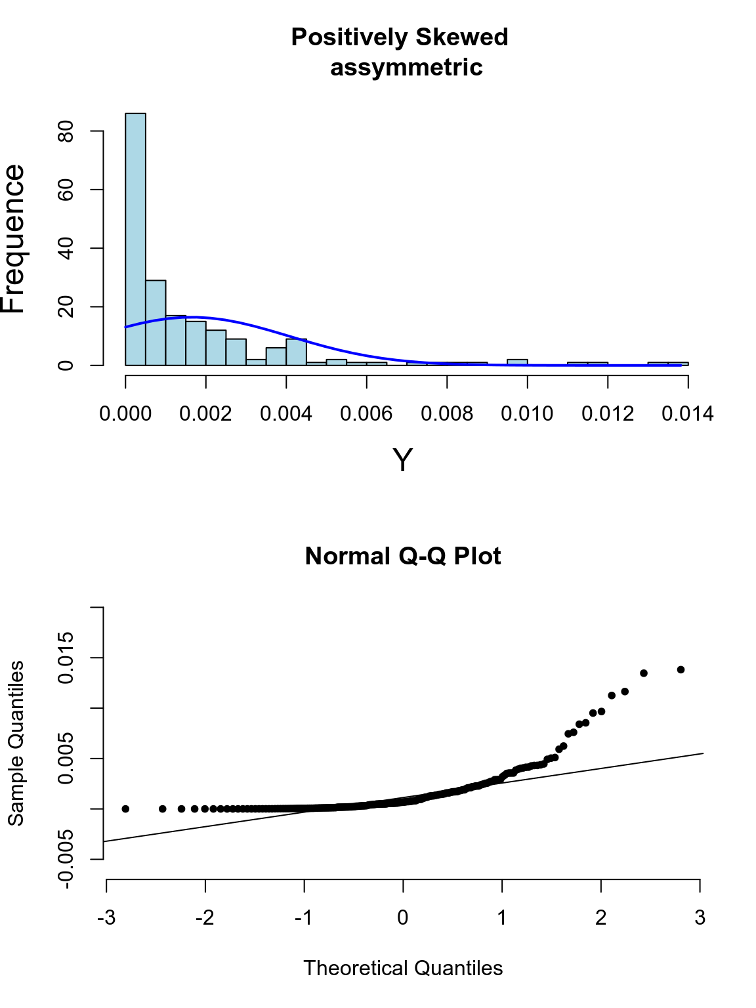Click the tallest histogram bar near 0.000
click(135, 239)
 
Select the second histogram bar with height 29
click(156, 323)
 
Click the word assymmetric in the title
click(406, 68)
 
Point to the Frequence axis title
click(14, 239)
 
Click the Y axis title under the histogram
click(402, 461)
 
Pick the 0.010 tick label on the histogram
click(527, 414)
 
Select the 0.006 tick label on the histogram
click(366, 414)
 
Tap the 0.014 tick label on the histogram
click(687, 414)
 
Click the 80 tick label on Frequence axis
click(66, 131)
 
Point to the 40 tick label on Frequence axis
click(66, 248)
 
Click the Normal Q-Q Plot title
click(403, 556)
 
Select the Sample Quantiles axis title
click(16, 743)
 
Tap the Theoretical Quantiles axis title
click(403, 969)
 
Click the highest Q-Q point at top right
click(681, 669)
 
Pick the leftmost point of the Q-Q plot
click(125, 808)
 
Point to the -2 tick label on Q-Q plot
click(205, 918)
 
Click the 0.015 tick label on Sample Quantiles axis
click(66, 658)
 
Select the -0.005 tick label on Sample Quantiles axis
click(66, 859)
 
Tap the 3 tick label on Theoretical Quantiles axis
click(700, 918)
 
